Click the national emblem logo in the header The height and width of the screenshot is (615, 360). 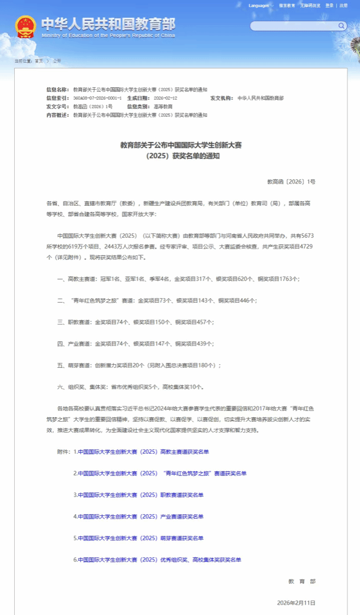[26, 27]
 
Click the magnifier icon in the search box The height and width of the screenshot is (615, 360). [341, 26]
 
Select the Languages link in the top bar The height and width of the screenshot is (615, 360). [259, 6]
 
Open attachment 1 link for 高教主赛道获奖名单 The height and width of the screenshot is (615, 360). [143, 452]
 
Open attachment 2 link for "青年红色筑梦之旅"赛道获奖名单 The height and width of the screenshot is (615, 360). [162, 474]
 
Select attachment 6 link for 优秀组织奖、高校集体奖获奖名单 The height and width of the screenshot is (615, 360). [159, 560]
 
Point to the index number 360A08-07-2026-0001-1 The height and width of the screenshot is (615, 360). [97, 98]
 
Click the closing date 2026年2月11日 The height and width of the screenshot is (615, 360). [296, 602]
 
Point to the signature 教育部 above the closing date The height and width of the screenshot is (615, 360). [302, 581]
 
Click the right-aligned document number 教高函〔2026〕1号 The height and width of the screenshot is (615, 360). [291, 181]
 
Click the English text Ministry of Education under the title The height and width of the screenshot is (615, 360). [108, 35]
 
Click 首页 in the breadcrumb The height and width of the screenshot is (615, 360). [38, 60]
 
